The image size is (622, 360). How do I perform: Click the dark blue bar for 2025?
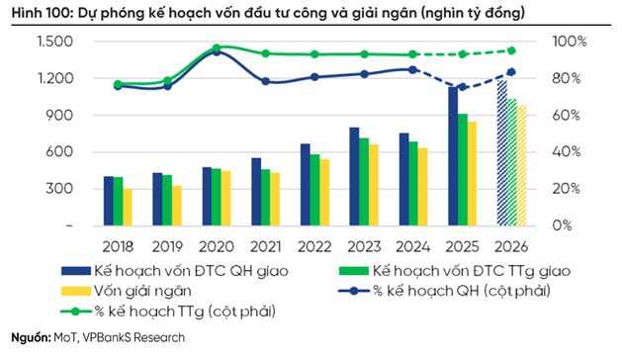[452, 156]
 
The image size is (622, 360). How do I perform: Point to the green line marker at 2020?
[217, 47]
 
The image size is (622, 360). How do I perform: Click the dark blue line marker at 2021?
[266, 81]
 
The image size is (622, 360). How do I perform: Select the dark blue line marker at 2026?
[511, 71]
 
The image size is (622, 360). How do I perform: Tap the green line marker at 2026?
[511, 50]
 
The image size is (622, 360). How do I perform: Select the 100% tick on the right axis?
[570, 42]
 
